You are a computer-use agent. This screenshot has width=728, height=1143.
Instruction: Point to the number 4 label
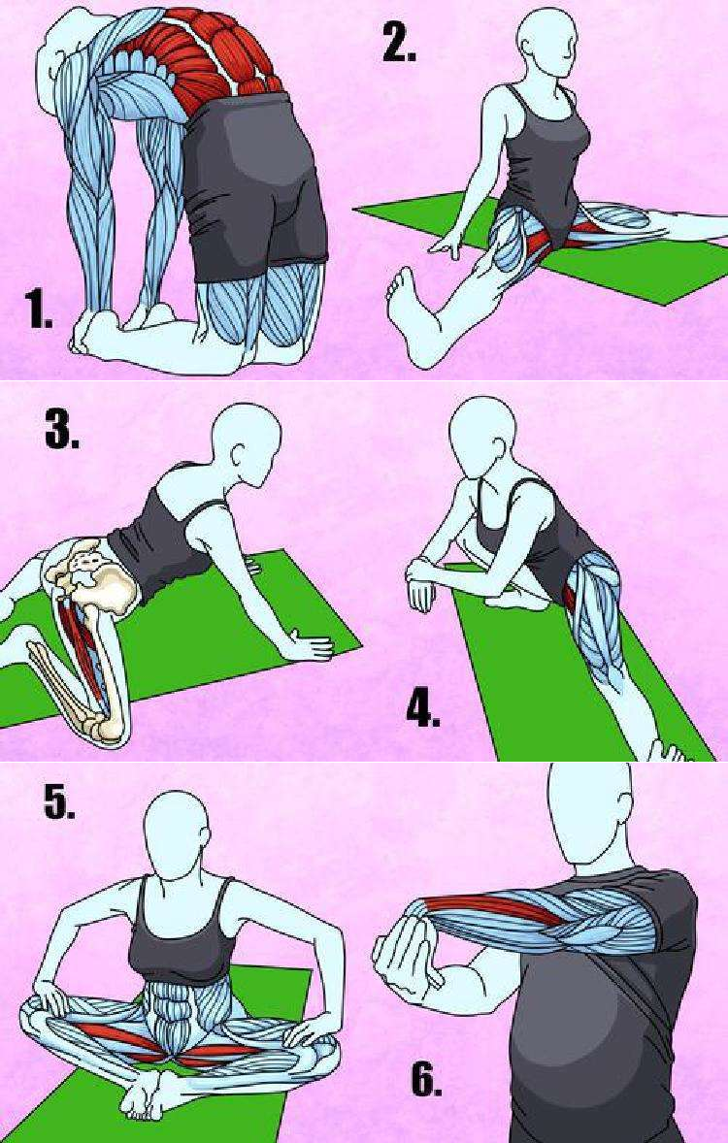(423, 708)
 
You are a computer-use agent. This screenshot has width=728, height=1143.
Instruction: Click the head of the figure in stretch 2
(547, 43)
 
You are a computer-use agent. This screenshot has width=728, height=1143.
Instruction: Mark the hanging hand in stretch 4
(421, 592)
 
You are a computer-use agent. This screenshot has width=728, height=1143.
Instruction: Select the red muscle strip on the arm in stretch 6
(496, 910)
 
